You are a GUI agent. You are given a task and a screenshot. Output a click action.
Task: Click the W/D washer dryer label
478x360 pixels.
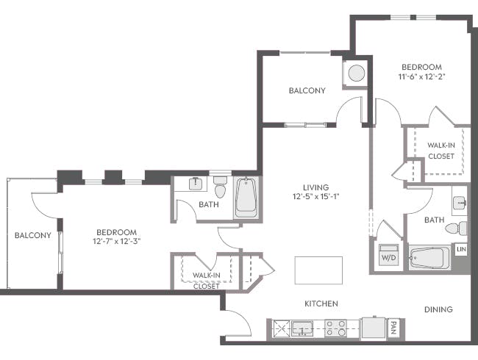click(387, 258)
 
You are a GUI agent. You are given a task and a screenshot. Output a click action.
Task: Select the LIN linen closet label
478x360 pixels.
click(461, 250)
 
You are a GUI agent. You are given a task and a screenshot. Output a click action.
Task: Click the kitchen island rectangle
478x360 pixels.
click(318, 270)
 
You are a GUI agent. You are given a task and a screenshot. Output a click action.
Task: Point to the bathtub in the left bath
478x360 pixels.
click(246, 197)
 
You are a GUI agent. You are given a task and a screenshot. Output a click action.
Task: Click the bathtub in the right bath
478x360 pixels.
click(429, 259)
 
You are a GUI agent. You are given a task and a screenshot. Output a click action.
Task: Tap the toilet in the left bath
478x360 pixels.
click(220, 190)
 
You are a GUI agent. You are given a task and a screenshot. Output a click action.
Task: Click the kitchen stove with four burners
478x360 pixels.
click(336, 328)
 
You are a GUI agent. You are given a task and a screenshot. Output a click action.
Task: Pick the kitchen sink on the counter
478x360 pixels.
click(302, 328)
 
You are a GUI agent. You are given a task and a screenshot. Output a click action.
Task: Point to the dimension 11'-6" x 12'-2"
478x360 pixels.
click(421, 76)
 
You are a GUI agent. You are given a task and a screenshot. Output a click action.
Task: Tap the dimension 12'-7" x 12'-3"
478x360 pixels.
click(116, 241)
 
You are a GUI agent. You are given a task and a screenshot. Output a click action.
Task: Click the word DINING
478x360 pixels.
click(438, 309)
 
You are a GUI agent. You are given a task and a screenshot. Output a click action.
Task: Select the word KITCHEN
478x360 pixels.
click(321, 303)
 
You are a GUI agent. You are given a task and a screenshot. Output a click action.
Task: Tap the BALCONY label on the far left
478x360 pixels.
click(32, 235)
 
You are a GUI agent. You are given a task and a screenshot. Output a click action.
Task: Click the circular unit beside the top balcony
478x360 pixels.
click(356, 73)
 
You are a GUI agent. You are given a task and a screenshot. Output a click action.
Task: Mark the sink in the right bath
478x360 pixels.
click(459, 201)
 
